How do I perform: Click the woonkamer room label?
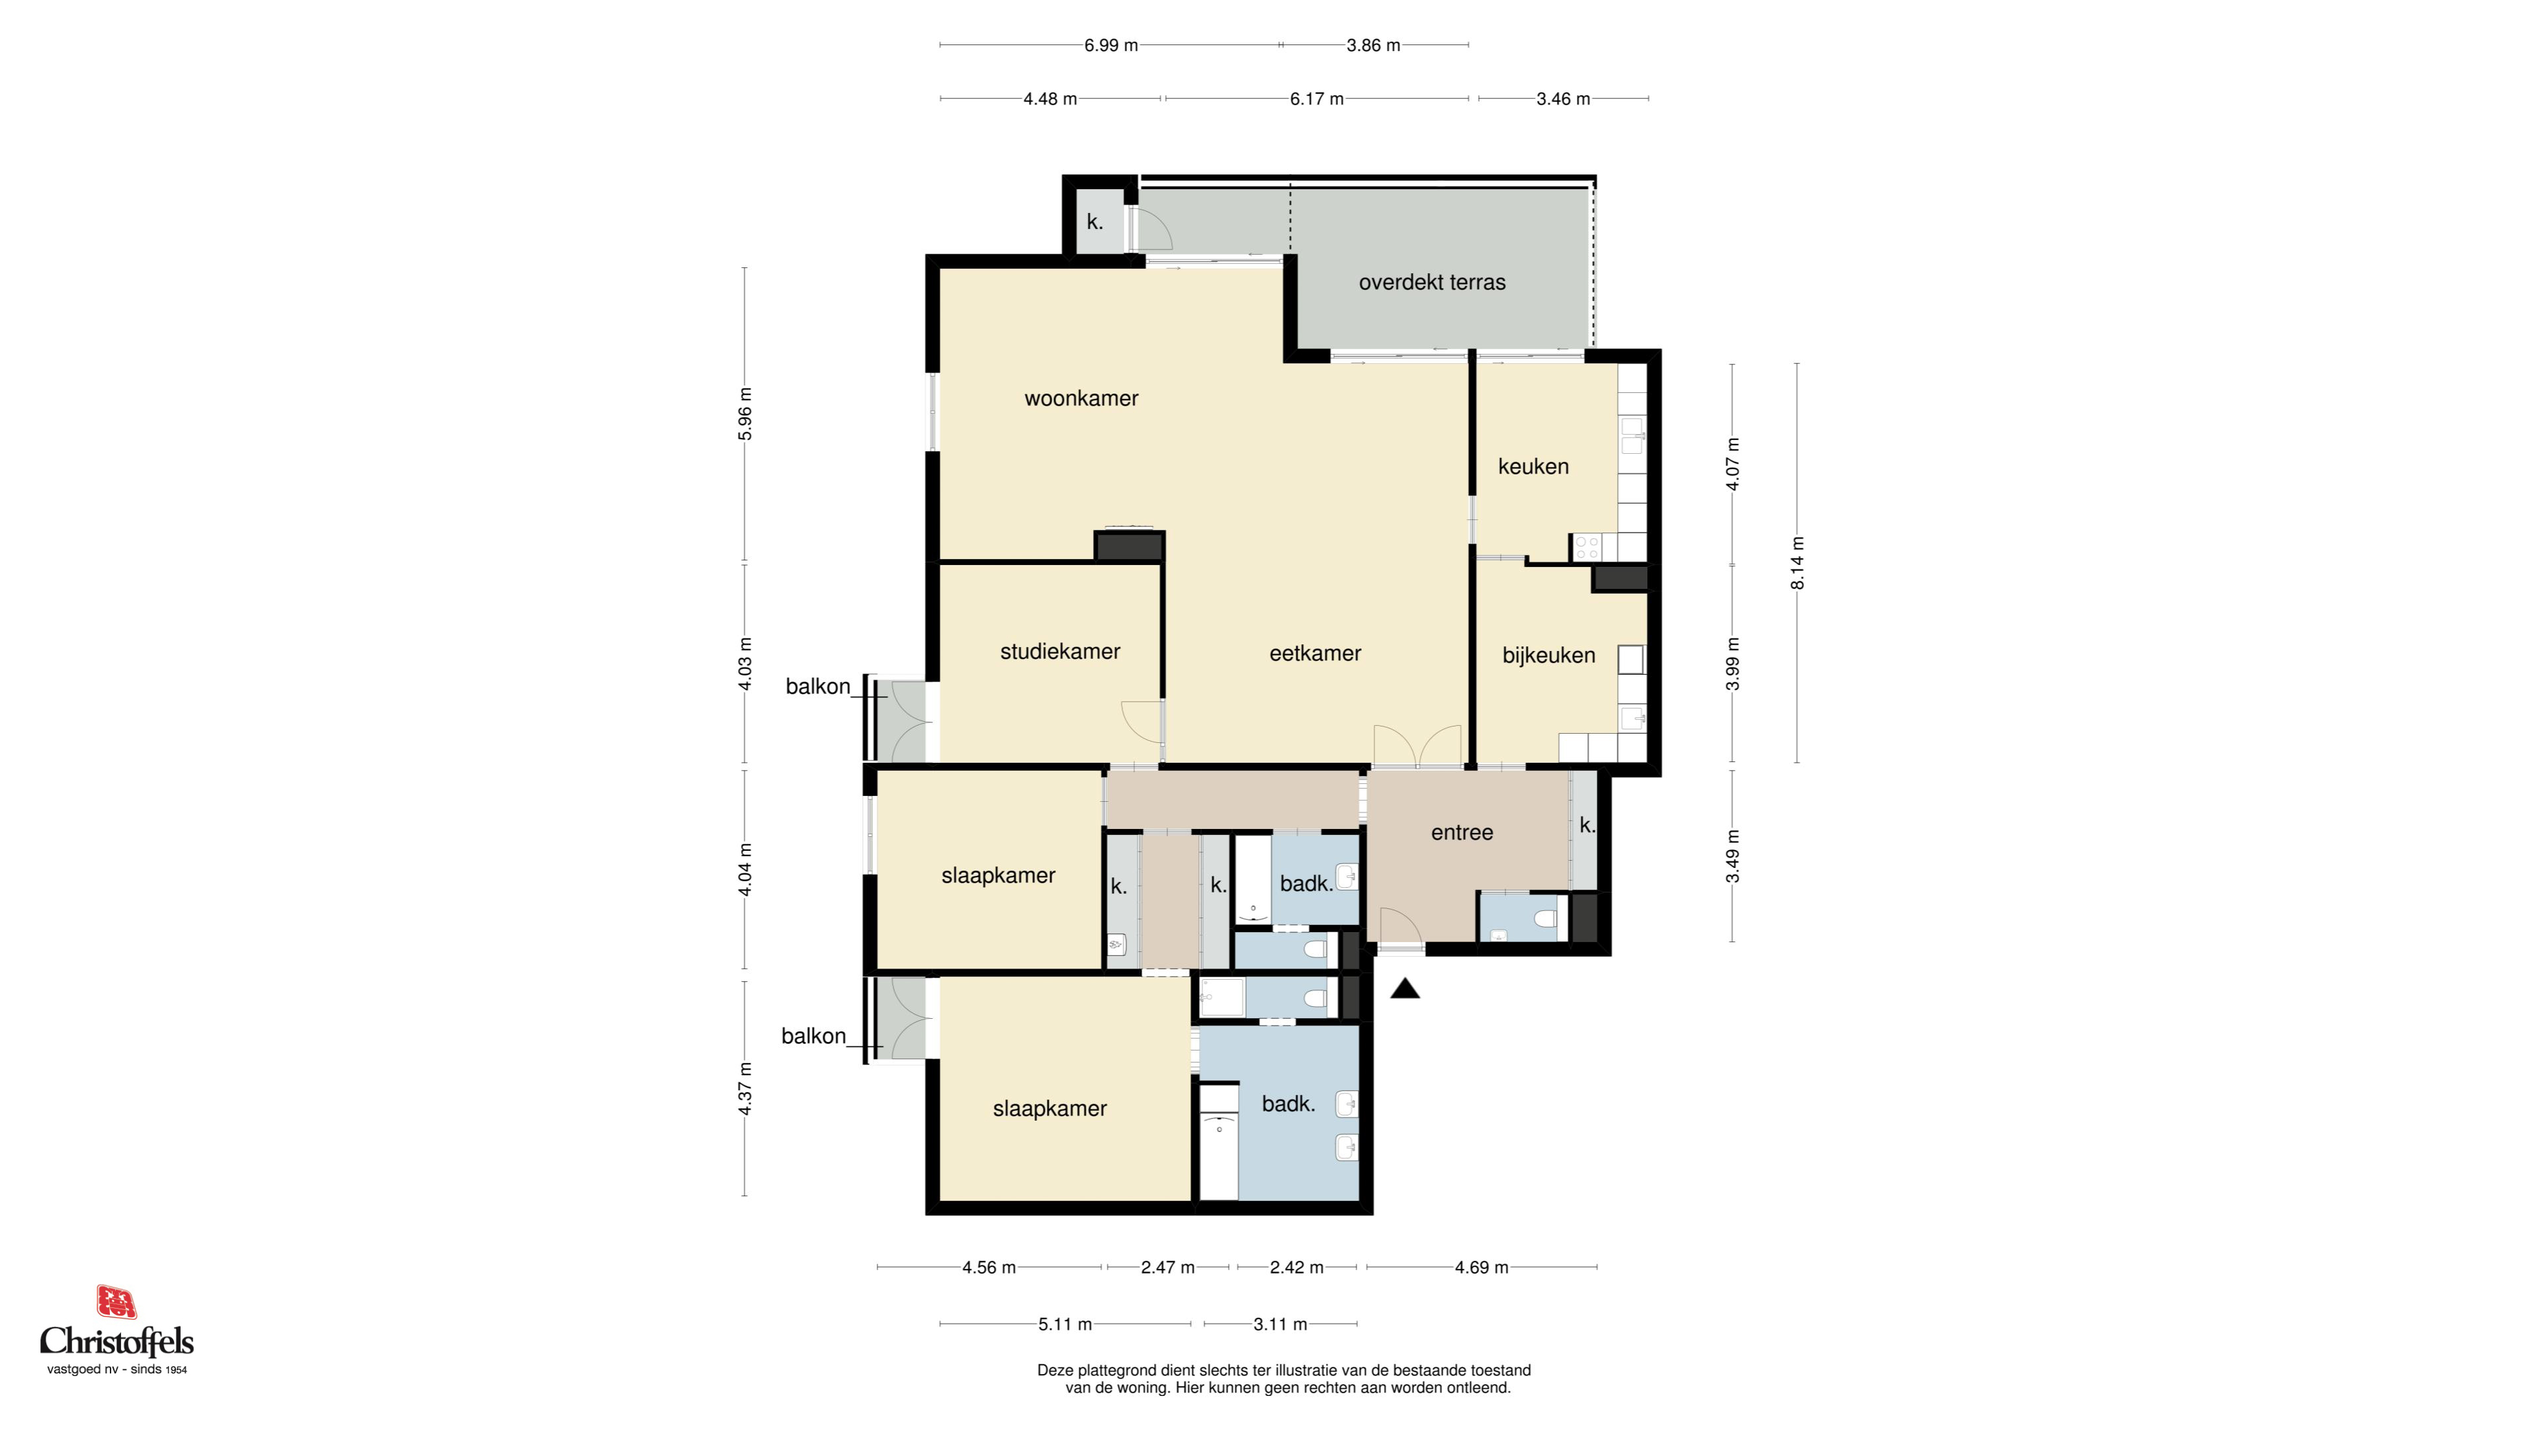point(1081,398)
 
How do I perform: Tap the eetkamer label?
point(1315,653)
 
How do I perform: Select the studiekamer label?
point(1060,651)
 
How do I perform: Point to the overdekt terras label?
point(1432,282)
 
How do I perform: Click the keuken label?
point(1533,466)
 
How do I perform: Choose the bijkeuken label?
point(1548,655)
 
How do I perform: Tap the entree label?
point(1462,832)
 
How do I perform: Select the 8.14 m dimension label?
point(1797,563)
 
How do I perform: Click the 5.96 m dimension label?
point(744,414)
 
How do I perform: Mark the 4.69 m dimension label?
point(1482,1268)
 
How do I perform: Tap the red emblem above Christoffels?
point(116,1302)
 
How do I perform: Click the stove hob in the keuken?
point(1586,547)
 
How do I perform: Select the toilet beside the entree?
point(1544,919)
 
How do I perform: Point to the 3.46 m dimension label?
point(1564,99)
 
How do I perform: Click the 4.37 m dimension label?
point(744,1089)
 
